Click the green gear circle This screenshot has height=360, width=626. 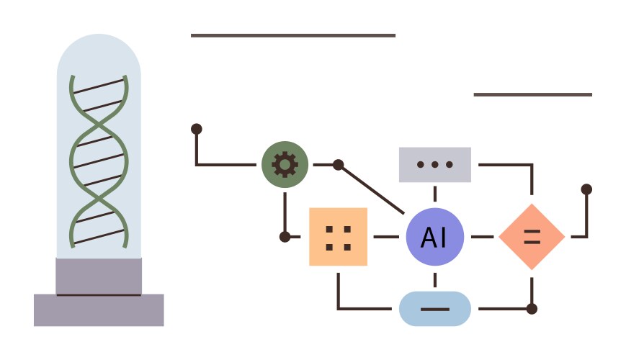pyautogui.click(x=285, y=165)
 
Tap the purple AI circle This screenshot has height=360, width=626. pyautogui.click(x=434, y=237)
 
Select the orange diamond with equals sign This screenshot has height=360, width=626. pyautogui.click(x=532, y=237)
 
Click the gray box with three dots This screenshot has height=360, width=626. pyautogui.click(x=434, y=165)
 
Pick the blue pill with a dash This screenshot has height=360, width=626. pyautogui.click(x=434, y=309)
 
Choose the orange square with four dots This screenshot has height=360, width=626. pyautogui.click(x=338, y=237)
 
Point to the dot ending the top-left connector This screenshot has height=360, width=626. pyautogui.click(x=196, y=129)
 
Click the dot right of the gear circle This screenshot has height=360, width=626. pyautogui.click(x=338, y=165)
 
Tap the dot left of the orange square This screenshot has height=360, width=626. pyautogui.click(x=285, y=237)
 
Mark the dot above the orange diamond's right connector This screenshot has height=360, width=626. pyautogui.click(x=586, y=189)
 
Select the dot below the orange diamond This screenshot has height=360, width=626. pyautogui.click(x=532, y=309)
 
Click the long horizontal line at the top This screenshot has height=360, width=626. pyautogui.click(x=293, y=35)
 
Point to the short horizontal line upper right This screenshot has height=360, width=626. pyautogui.click(x=532, y=94)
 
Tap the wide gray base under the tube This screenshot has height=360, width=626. pyautogui.click(x=99, y=310)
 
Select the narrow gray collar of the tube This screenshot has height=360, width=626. pyautogui.click(x=99, y=276)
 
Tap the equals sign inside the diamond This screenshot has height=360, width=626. pyautogui.click(x=532, y=237)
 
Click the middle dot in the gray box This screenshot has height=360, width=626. pyautogui.click(x=434, y=165)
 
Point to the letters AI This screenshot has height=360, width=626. pyautogui.click(x=434, y=238)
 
